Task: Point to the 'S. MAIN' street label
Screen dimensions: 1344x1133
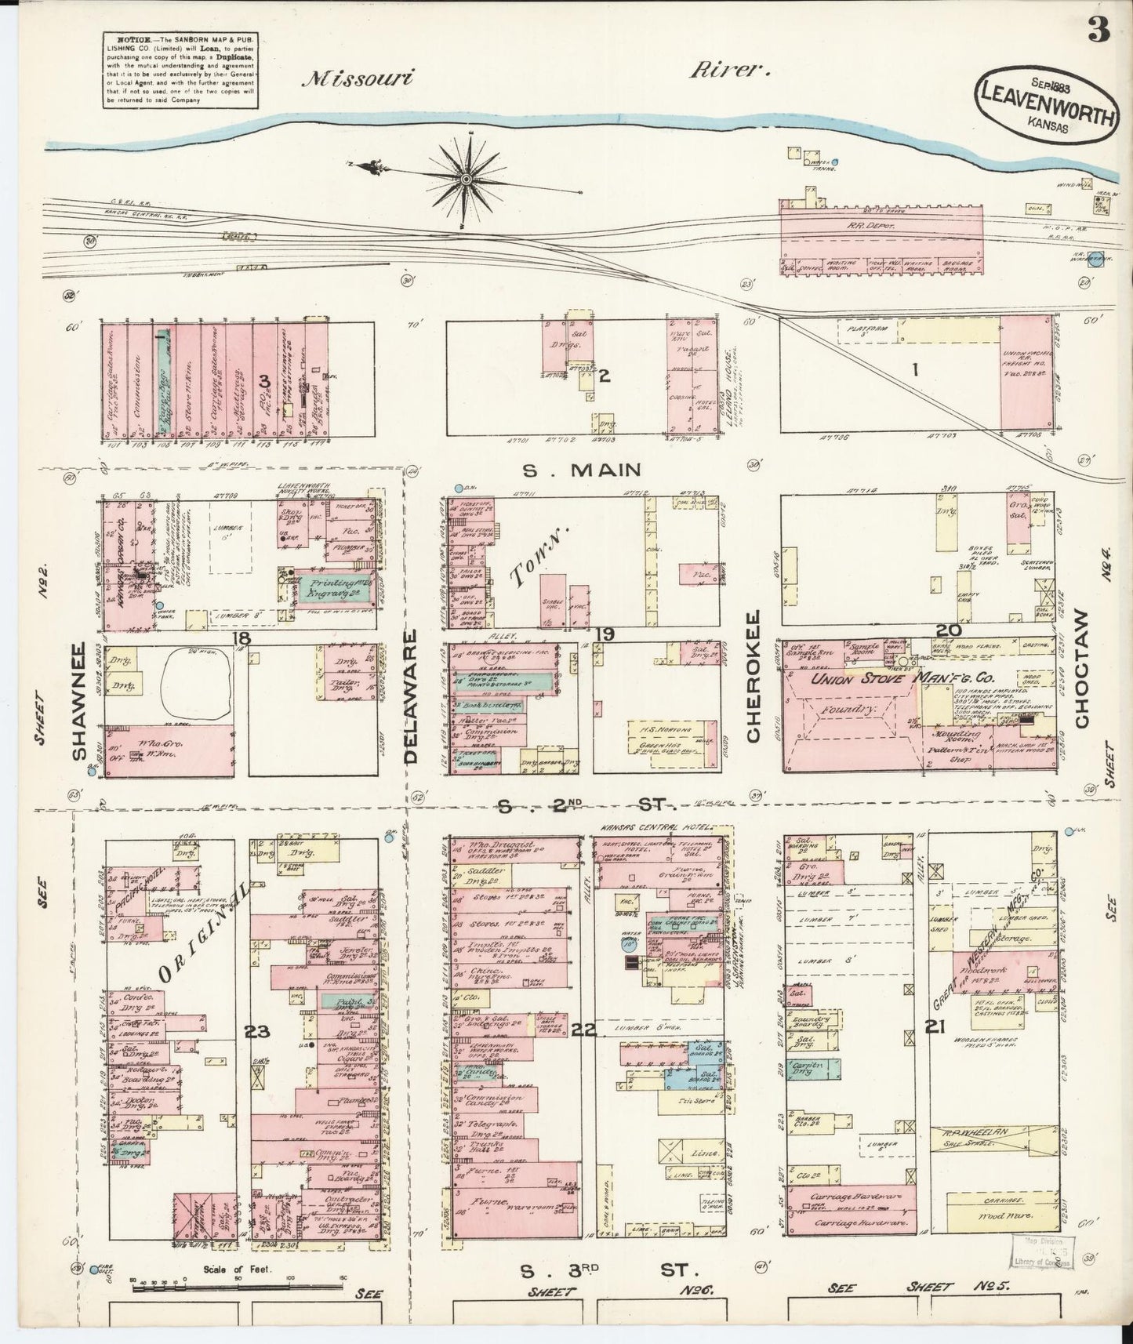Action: pyautogui.click(x=582, y=470)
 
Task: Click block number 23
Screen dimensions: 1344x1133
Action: pyautogui.click(x=256, y=1031)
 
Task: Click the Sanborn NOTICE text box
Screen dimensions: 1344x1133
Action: pyautogui.click(x=178, y=69)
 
